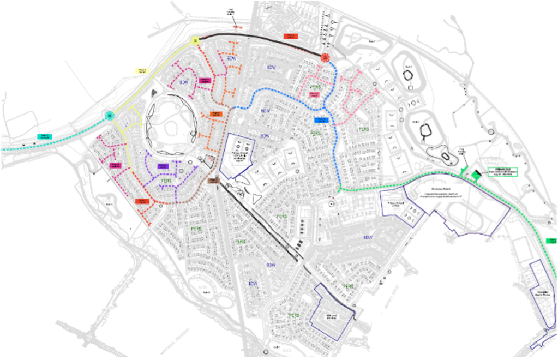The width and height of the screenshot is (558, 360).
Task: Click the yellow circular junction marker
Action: tap(195, 40)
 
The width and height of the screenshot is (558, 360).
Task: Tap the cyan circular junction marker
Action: tap(110, 115)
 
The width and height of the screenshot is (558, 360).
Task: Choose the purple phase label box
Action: tap(162, 165)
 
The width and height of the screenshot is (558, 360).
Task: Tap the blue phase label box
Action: tap(321, 119)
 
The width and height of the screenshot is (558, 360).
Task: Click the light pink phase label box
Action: tap(314, 94)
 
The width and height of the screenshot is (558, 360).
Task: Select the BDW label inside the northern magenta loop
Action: tap(184, 82)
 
